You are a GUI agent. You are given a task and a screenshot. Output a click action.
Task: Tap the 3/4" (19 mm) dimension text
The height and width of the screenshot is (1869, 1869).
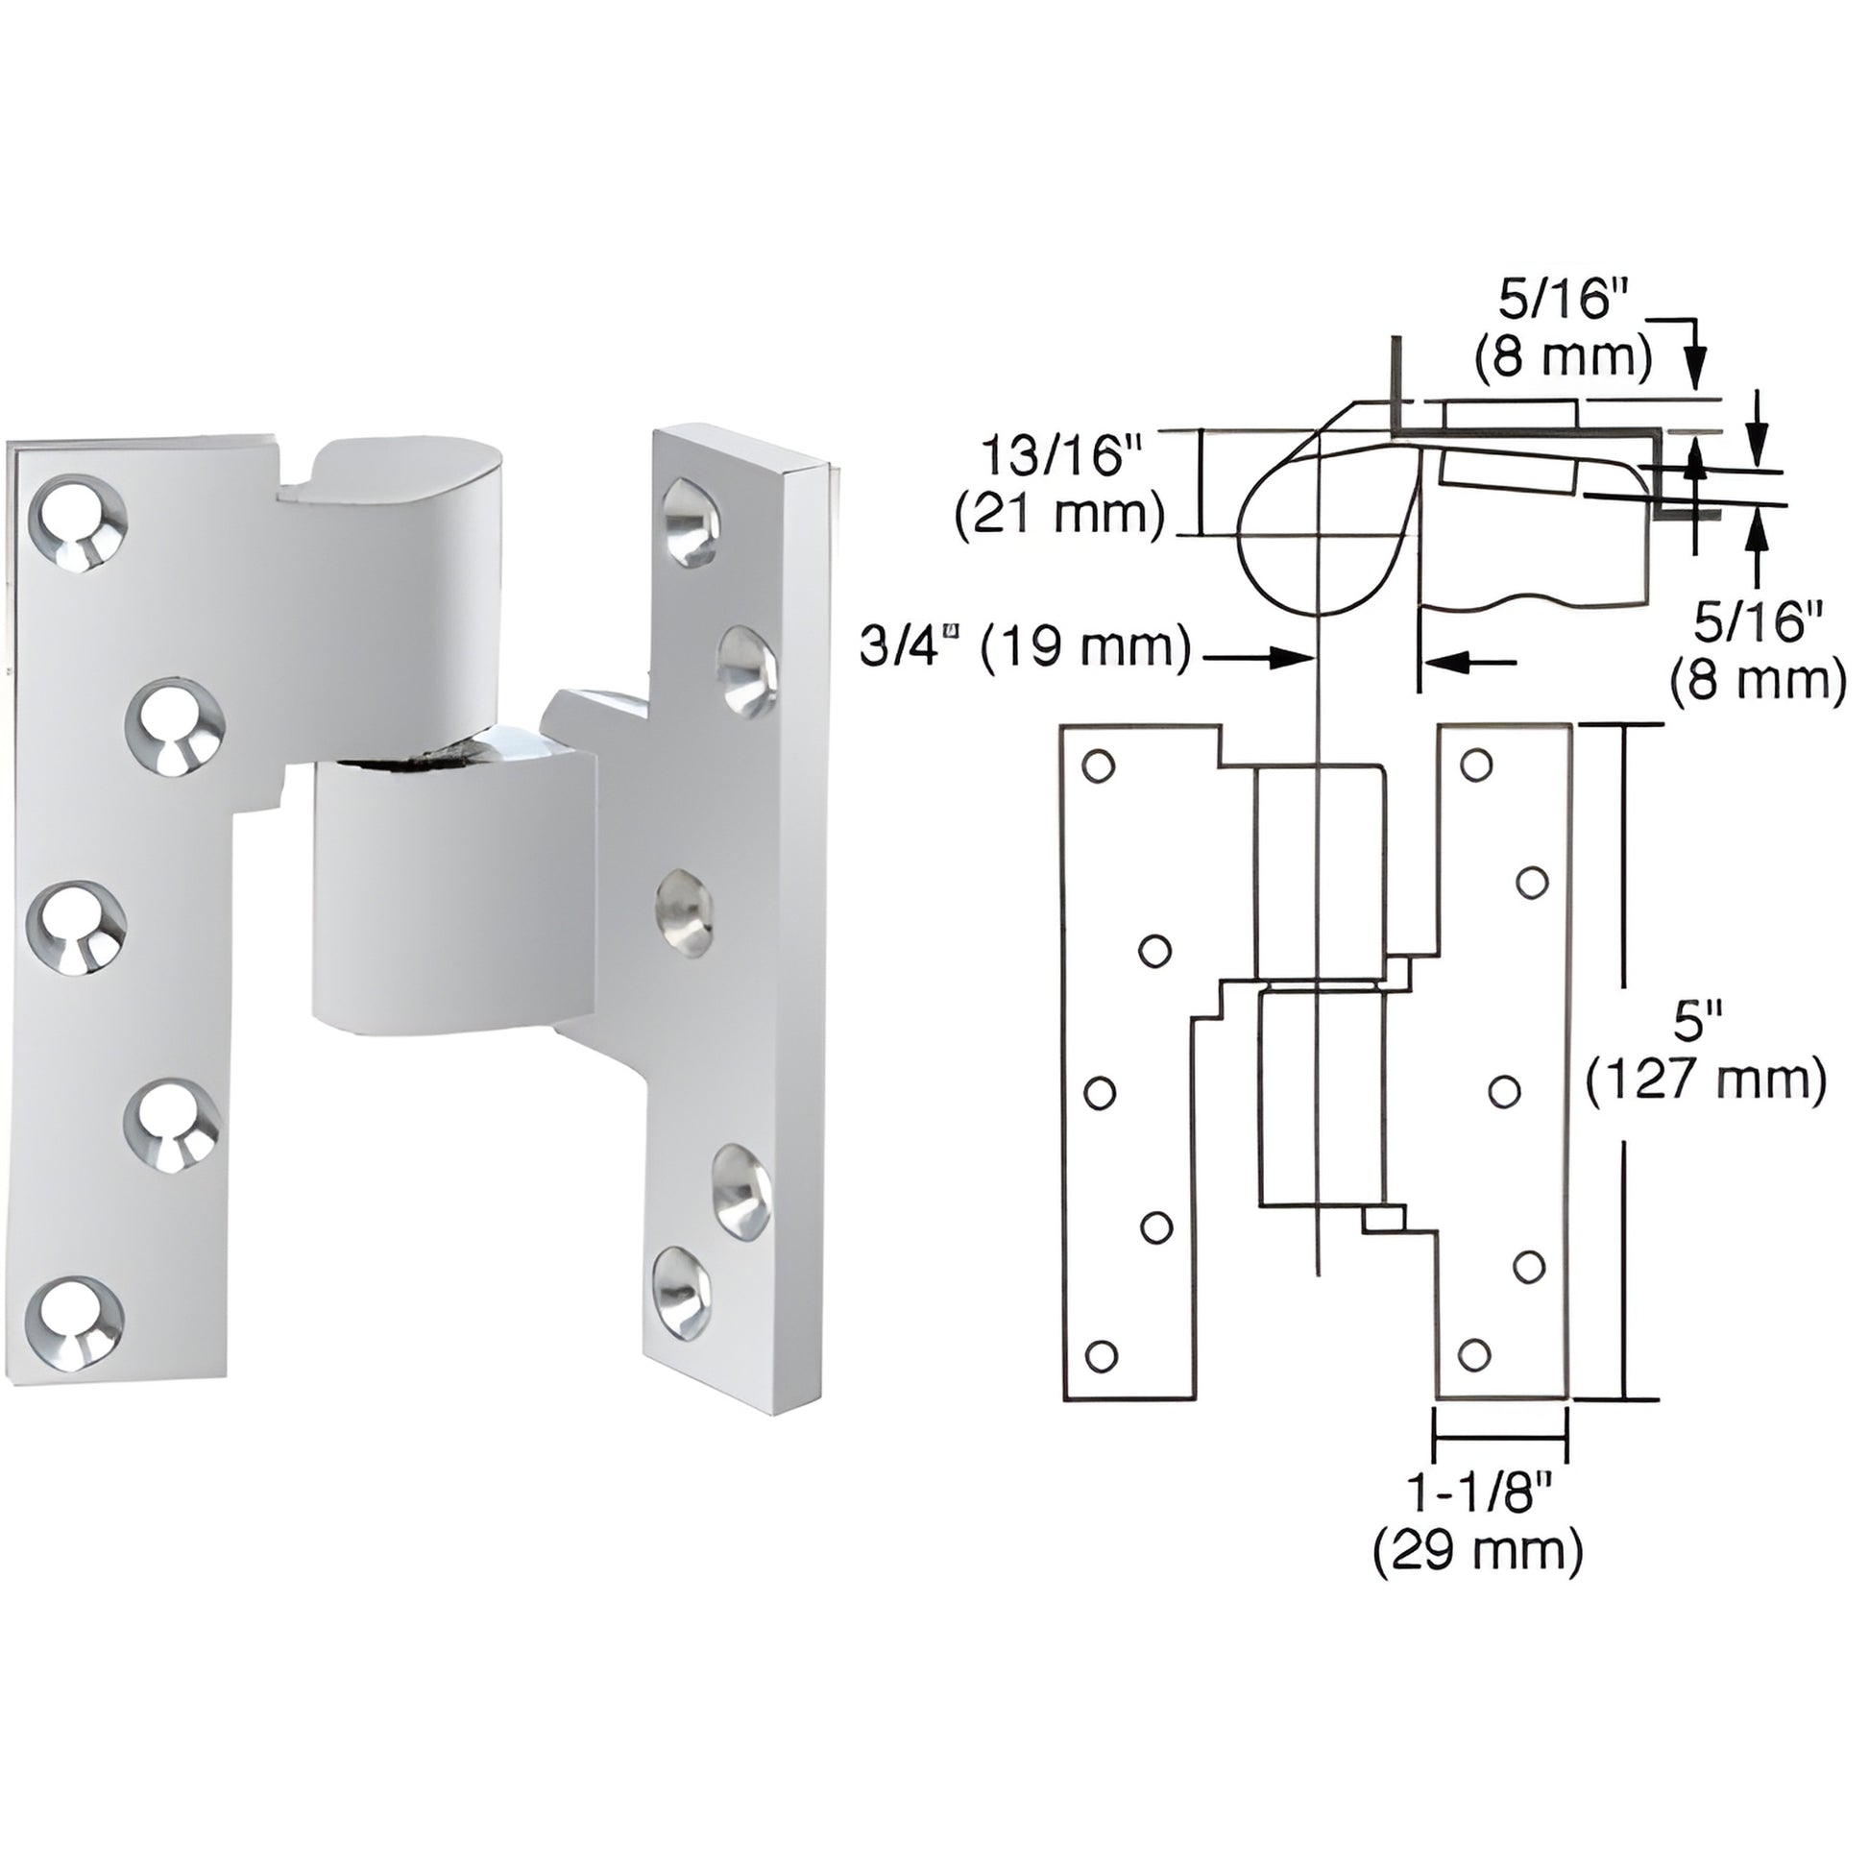tap(1027, 646)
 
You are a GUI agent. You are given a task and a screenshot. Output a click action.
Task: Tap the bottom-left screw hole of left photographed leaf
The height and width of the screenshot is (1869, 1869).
tap(75, 1323)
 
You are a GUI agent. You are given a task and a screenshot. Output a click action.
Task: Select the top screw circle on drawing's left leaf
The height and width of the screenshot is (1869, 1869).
tap(1098, 765)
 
